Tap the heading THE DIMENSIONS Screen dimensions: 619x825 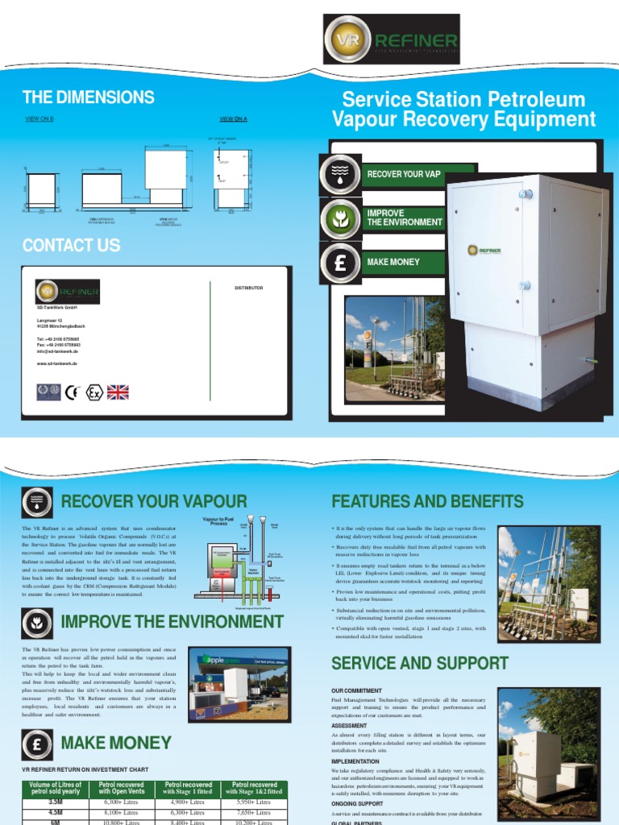click(x=89, y=97)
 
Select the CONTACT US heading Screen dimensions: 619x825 click(x=72, y=245)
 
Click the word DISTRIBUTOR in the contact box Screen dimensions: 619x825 click(x=248, y=288)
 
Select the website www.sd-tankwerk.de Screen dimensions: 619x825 click(x=57, y=364)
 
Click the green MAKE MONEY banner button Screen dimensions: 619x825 click(x=403, y=262)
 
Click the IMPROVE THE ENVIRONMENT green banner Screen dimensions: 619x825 click(x=403, y=218)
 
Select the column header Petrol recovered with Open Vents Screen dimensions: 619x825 click(x=120, y=788)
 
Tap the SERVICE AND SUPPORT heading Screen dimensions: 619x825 click(x=420, y=663)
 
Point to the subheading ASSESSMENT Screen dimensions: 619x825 click(x=350, y=726)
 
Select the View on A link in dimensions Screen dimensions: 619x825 click(x=233, y=119)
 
